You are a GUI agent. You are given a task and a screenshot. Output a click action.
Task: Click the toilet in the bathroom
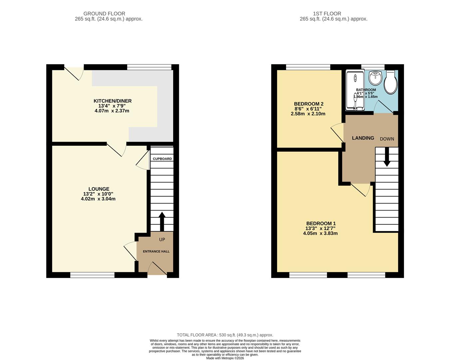pos(390,82)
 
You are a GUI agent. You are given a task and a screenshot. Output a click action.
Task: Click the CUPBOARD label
pos(162,159)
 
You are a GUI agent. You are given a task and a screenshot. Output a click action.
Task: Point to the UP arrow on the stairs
pos(162,221)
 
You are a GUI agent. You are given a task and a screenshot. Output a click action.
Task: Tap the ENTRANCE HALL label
pos(156,251)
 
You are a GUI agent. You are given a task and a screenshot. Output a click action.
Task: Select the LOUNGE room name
pos(99,189)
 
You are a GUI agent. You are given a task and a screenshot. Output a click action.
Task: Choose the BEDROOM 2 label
pos(308,104)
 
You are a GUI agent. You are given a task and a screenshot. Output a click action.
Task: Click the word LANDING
pos(363,138)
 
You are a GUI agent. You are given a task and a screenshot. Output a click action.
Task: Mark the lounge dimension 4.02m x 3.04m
pos(98,199)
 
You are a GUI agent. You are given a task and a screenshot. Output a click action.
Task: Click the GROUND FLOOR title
pos(104,14)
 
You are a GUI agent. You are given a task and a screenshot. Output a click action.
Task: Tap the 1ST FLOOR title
pos(327,14)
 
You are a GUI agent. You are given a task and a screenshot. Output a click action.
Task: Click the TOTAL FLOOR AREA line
pos(225,335)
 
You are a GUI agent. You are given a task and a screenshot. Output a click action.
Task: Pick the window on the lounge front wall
pos(92,275)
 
